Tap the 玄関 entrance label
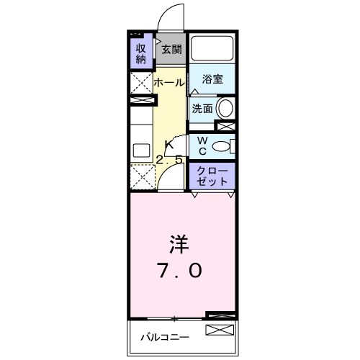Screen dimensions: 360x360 point(171,50)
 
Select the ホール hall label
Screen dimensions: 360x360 point(169,83)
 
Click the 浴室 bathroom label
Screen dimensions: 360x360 point(212,80)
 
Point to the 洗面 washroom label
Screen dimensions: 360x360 point(202,109)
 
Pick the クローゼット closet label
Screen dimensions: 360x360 point(212,176)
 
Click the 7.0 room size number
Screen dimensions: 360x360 point(179,271)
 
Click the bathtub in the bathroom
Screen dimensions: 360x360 point(212,48)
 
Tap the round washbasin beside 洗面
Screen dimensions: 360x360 point(225,109)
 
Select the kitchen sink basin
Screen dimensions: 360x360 point(140,150)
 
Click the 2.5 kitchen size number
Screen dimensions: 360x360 point(171,160)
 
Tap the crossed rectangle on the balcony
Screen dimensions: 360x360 point(220,330)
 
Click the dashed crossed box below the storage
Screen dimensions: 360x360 point(140,81)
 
